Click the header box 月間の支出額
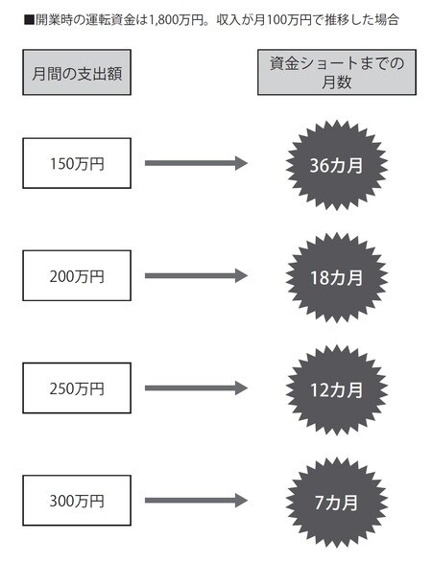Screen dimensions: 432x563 [x=77, y=72]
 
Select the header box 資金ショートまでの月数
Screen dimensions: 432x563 [x=337, y=72]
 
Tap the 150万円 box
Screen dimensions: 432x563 [x=77, y=163]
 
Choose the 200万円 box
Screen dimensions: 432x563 [x=77, y=276]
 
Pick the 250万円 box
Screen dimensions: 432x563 [x=77, y=388]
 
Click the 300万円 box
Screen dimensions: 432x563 [x=77, y=501]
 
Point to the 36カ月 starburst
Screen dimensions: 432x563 [x=337, y=165]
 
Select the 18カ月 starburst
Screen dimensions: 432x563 [x=337, y=277]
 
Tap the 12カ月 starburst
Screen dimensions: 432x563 [x=337, y=390]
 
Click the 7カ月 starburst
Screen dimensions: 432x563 [x=337, y=503]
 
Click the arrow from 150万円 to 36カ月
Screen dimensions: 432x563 [x=196, y=163]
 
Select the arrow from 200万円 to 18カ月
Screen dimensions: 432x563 [x=196, y=276]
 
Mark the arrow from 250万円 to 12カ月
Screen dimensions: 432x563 [x=196, y=388]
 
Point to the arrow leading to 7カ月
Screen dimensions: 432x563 [x=196, y=501]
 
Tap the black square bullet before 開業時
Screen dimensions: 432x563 [x=29, y=20]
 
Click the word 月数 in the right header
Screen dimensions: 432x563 [x=337, y=82]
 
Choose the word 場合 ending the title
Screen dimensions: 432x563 [x=387, y=20]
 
